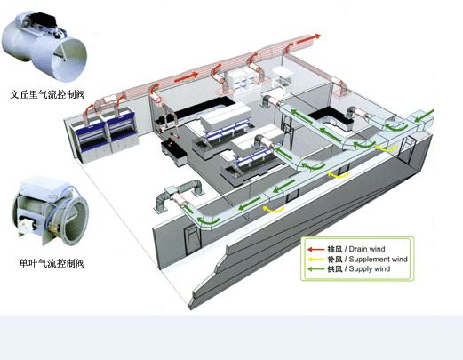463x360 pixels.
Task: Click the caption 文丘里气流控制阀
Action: click(x=47, y=94)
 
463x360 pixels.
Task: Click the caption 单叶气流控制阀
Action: click(x=52, y=263)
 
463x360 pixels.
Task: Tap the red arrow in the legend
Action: click(x=315, y=250)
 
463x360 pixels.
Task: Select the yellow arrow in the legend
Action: click(x=315, y=260)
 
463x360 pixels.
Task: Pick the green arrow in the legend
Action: click(x=315, y=269)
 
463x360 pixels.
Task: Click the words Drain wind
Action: click(x=367, y=249)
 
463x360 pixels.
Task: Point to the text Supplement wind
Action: click(x=379, y=260)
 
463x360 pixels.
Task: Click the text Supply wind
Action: click(x=370, y=269)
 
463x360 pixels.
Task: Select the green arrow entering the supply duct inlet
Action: click(x=424, y=116)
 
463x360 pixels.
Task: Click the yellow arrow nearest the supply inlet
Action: click(x=387, y=148)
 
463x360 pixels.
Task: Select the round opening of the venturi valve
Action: click(x=69, y=60)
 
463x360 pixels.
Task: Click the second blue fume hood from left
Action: click(x=122, y=131)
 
